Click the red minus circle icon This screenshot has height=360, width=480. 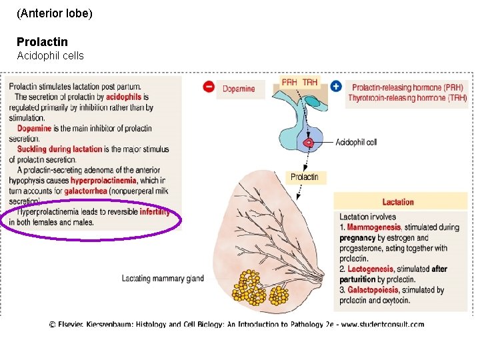(209, 87)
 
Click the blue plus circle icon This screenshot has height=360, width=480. (336, 86)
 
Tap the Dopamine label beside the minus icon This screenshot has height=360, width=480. (239, 89)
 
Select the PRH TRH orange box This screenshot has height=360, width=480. (299, 82)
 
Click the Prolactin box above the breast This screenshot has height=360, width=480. (304, 177)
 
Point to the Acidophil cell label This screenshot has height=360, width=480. (356, 142)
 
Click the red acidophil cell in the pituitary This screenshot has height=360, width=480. (309, 142)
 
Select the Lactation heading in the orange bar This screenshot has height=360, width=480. (398, 202)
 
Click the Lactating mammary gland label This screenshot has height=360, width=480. (163, 279)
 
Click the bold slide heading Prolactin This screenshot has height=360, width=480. (42, 42)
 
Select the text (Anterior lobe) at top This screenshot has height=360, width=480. (55, 13)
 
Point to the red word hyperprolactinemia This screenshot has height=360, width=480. (103, 181)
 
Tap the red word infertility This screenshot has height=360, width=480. (155, 212)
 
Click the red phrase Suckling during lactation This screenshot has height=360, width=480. (60, 149)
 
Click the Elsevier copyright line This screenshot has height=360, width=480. (236, 325)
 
